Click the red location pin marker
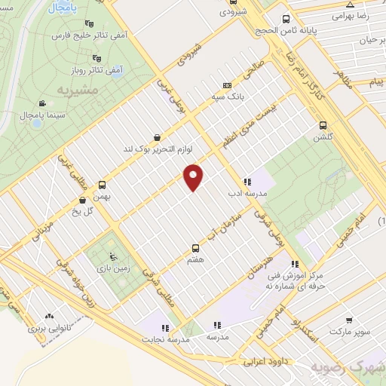coord(194,177)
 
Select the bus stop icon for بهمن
coord(102,184)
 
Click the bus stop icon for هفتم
coord(196,247)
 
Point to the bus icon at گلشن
coord(323,126)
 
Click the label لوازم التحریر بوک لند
coord(159,149)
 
